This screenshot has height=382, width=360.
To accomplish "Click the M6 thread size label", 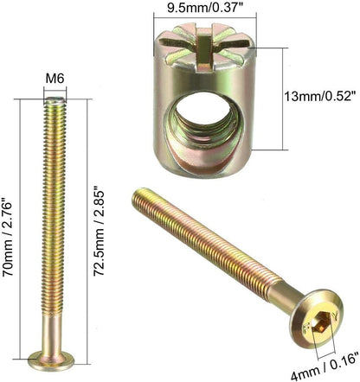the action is [x=55, y=78].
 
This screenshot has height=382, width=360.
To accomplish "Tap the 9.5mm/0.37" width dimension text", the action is [x=204, y=8].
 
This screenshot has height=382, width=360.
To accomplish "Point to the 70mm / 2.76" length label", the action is [x=8, y=237].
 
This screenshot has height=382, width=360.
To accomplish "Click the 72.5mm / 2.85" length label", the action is [x=99, y=232].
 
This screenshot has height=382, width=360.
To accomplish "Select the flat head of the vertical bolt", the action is [x=51, y=360].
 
